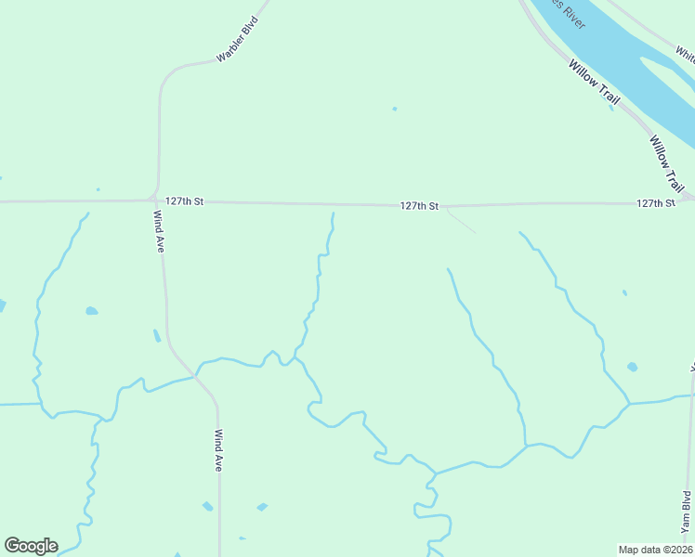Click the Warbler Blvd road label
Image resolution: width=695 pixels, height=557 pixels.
pyautogui.click(x=236, y=39)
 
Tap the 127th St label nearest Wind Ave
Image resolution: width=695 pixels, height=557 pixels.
pyautogui.click(x=185, y=201)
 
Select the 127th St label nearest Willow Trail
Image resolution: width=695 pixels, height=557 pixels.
pyautogui.click(x=656, y=203)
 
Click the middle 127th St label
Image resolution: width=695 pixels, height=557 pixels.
pyautogui.click(x=419, y=206)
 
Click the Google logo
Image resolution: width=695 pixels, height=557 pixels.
pyautogui.click(x=31, y=546)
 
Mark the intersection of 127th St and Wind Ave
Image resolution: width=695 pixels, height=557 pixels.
pyautogui.click(x=154, y=199)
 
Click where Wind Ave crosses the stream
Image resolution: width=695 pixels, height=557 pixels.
pyautogui.click(x=196, y=376)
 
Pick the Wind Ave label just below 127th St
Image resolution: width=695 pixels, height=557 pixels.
pyautogui.click(x=159, y=230)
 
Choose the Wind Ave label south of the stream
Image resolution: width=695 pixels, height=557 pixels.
pyautogui.click(x=218, y=450)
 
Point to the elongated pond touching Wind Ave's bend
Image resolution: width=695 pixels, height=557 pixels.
pyautogui.click(x=156, y=335)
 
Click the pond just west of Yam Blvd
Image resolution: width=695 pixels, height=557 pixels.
pyautogui.click(x=632, y=367)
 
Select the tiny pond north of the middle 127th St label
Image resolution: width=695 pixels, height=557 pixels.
pyautogui.click(x=394, y=109)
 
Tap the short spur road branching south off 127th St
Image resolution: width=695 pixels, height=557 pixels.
pyautogui.click(x=461, y=222)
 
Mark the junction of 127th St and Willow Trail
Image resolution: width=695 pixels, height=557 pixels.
pyautogui.click(x=687, y=198)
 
